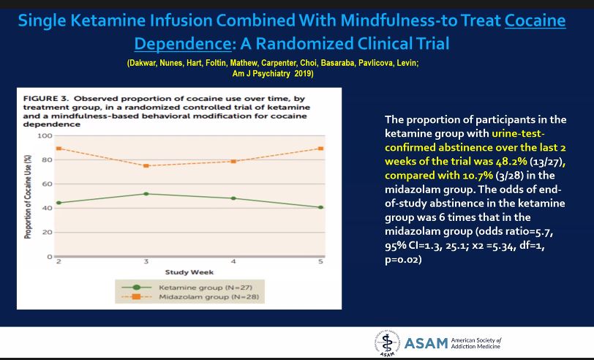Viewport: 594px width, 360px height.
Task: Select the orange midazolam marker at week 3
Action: tap(146, 165)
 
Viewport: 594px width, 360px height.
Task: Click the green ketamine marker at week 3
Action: tap(146, 194)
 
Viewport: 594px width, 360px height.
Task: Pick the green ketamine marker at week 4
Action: tap(233, 198)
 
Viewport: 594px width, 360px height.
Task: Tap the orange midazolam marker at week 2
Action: tap(58, 149)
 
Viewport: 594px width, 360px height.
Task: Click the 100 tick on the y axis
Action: tap(45, 136)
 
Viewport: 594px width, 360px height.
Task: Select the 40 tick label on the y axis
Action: tap(47, 209)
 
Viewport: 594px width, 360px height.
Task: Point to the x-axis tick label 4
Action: tap(233, 262)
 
